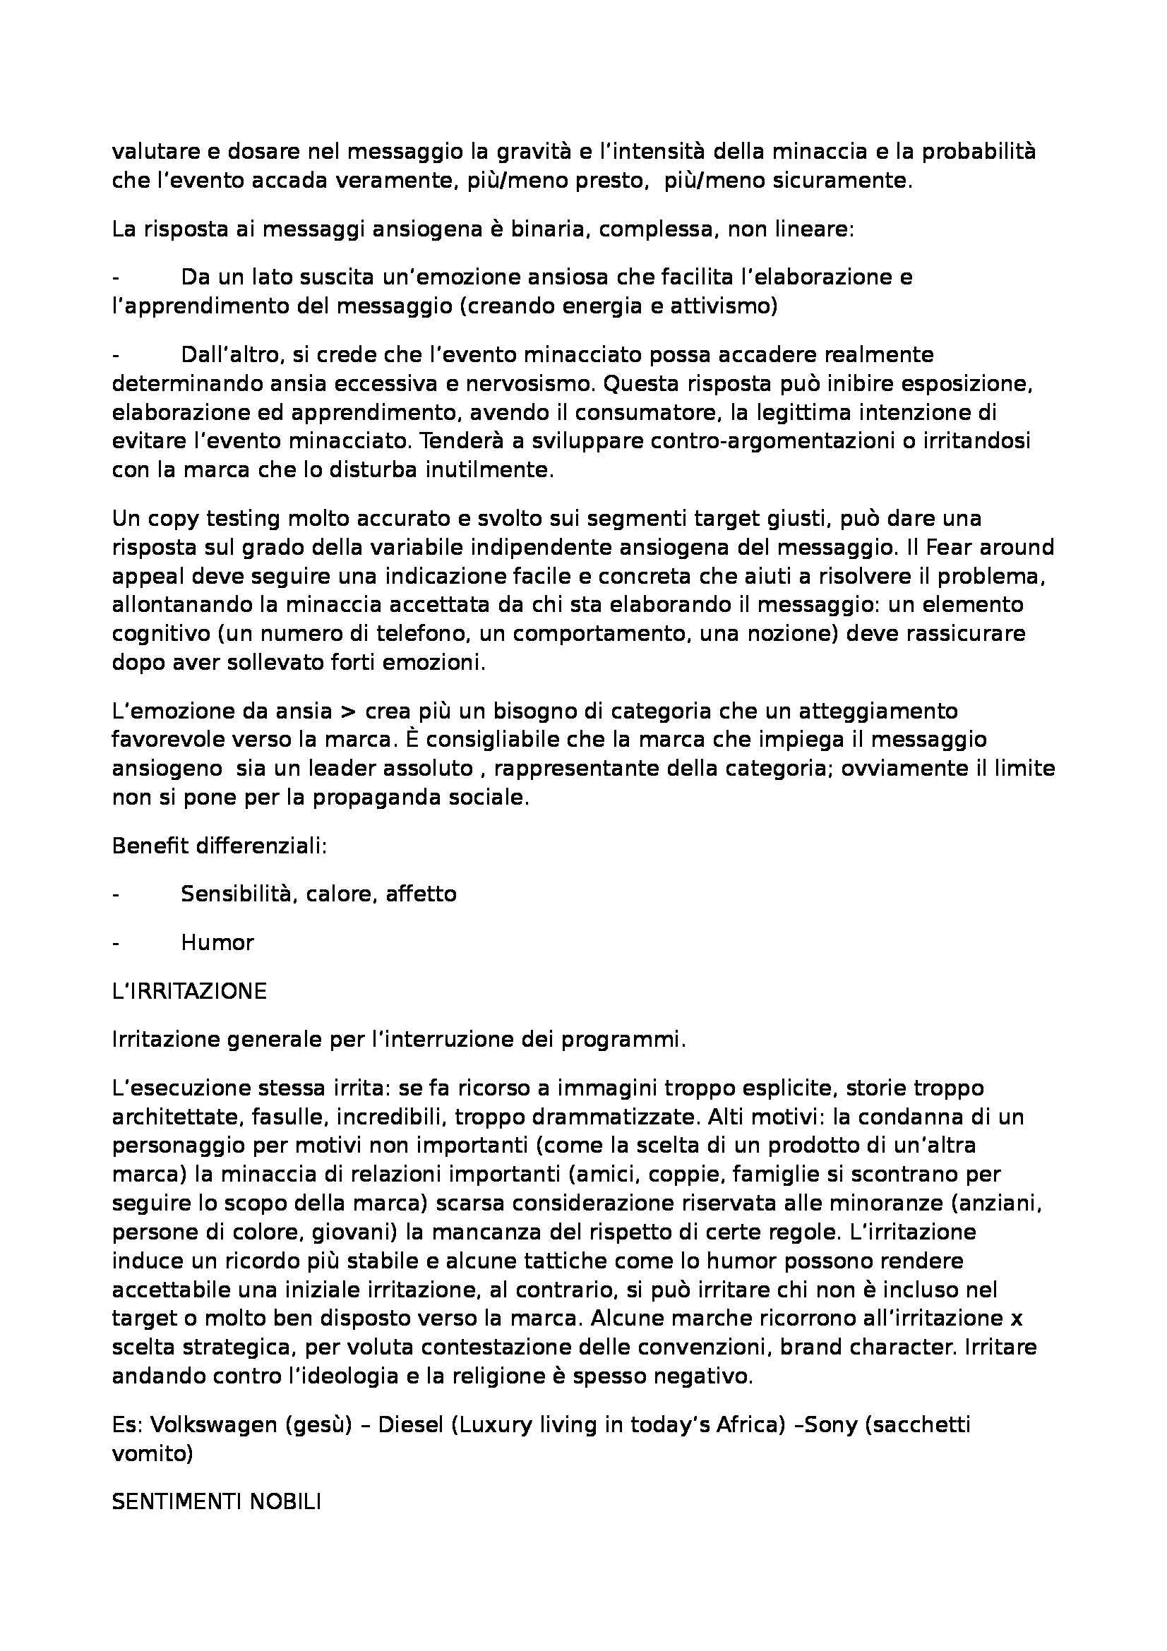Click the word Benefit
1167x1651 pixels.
(x=146, y=846)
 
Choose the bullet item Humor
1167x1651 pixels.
(x=217, y=942)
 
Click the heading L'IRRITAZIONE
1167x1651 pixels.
(x=189, y=991)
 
